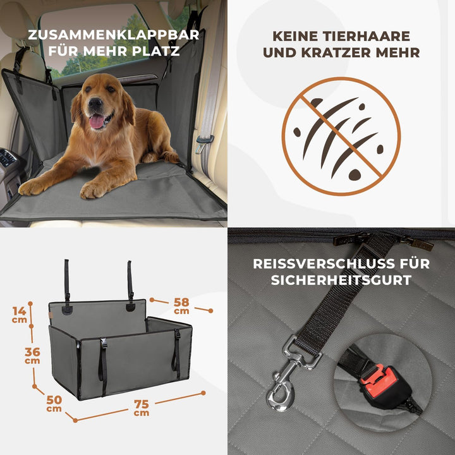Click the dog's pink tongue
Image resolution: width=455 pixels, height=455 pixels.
point(97,122)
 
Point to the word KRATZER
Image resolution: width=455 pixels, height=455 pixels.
point(342,53)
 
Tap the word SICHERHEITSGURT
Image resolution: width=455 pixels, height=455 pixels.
point(341,280)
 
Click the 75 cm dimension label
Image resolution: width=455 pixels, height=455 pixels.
point(142,408)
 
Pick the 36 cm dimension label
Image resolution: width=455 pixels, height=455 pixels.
point(32,355)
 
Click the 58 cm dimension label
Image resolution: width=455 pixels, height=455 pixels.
point(181,306)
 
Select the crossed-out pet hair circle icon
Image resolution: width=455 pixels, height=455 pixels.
point(341,136)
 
